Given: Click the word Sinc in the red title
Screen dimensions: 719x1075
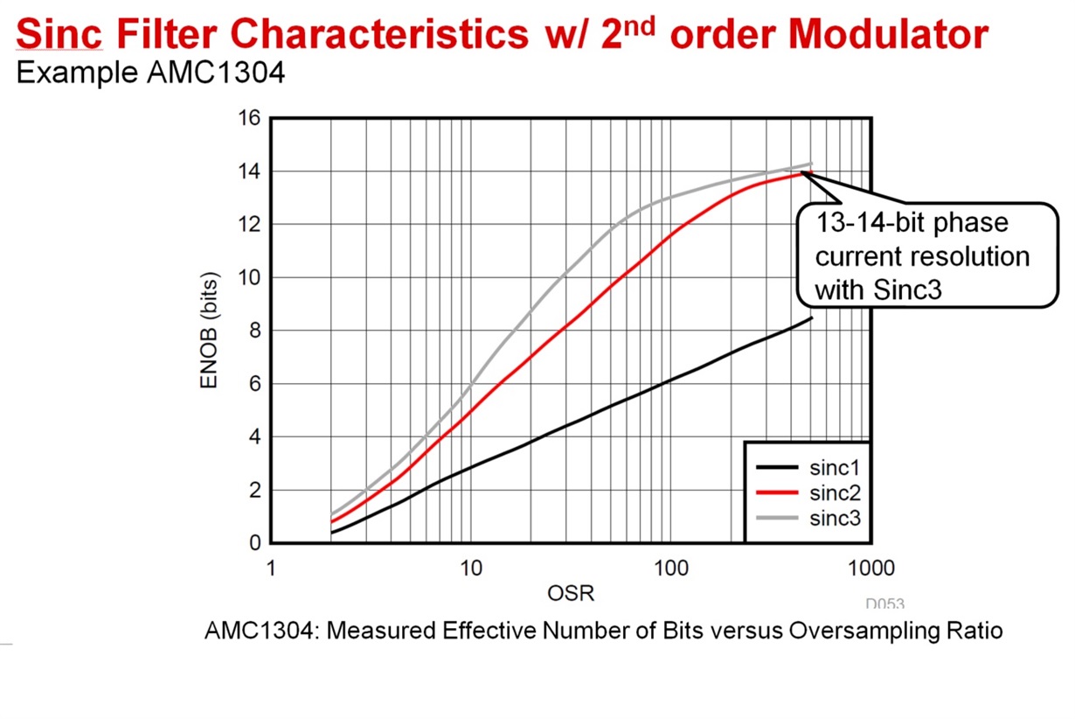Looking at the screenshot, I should [x=59, y=35].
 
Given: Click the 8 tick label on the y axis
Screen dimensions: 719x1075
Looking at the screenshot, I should [x=253, y=331].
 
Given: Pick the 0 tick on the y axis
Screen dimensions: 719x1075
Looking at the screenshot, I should [x=253, y=543].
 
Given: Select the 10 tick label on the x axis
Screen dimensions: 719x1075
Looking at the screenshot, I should [x=470, y=569].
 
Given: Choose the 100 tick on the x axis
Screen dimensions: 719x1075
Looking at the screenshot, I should [x=669, y=569].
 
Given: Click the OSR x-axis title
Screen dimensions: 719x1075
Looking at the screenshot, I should [x=570, y=594].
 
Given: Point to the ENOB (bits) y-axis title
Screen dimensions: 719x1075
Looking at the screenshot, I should [x=211, y=330].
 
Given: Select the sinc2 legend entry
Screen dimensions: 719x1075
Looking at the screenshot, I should [x=835, y=492].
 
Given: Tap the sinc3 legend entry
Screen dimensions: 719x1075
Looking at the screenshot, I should [x=835, y=519].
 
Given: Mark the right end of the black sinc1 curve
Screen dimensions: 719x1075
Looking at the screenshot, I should [x=812, y=318].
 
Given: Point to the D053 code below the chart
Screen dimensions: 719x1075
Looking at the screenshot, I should [x=884, y=604].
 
